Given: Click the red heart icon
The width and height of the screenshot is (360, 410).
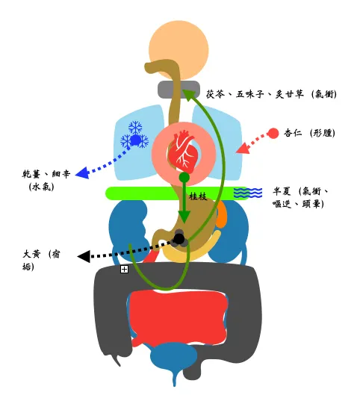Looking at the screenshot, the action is pos(182,152).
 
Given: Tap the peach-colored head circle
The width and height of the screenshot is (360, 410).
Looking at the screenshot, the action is pos(179,50).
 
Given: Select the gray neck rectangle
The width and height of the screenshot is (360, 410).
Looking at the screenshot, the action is pos(179,89).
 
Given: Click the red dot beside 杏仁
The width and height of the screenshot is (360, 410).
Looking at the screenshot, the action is pos(273,134).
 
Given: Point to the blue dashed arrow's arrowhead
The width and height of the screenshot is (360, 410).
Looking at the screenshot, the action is pos(82,173).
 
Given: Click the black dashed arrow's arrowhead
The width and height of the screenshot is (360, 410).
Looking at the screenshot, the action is pos(84,256).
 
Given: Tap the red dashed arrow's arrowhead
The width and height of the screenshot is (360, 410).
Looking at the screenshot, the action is pos(242,148).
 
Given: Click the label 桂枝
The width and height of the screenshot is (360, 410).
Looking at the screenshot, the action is pos(198,196).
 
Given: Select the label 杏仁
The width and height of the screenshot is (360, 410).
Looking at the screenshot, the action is pos(293,133).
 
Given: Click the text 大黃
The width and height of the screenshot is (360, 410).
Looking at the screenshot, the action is pos(31,254).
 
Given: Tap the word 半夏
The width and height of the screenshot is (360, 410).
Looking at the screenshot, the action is pos(282,191).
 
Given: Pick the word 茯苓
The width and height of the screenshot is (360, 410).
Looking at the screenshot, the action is pos(215,94).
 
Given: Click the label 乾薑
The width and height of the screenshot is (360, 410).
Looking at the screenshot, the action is pos(31,174).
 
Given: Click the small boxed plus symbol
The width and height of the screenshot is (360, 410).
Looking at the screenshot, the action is pos(124,269).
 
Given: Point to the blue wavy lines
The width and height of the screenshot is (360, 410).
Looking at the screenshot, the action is pos(248,193).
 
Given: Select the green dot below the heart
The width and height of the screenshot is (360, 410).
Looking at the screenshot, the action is pos(184,178).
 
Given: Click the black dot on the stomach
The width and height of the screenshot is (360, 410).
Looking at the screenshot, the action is pos(179,238).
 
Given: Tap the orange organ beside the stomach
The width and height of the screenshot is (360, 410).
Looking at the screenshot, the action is pos(221,214).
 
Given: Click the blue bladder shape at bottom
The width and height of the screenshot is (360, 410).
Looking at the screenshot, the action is pos(173,359).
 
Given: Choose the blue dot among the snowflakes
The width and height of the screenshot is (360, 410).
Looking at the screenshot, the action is pos(135,140).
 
